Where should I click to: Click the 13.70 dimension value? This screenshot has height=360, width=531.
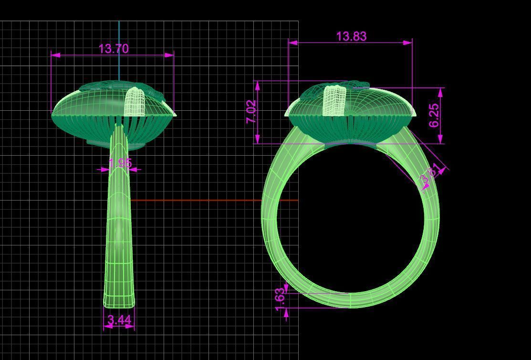pyautogui.click(x=113, y=49)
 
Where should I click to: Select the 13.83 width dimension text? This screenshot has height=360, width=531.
pyautogui.click(x=351, y=36)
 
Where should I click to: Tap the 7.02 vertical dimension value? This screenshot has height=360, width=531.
pyautogui.click(x=251, y=112)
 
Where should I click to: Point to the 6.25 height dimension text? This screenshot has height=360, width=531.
pyautogui.click(x=434, y=115)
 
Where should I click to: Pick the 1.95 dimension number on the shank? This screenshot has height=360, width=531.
pyautogui.click(x=120, y=163)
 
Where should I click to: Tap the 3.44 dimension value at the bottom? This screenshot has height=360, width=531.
pyautogui.click(x=119, y=320)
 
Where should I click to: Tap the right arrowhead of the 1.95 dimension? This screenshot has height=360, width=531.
pyautogui.click(x=133, y=169)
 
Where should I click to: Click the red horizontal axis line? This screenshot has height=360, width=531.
pyautogui.click(x=215, y=200)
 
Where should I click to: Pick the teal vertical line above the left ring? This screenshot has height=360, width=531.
pyautogui.click(x=119, y=48)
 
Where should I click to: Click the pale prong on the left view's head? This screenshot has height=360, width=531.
pyautogui.click(x=135, y=101)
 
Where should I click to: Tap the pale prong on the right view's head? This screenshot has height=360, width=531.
pyautogui.click(x=335, y=100)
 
